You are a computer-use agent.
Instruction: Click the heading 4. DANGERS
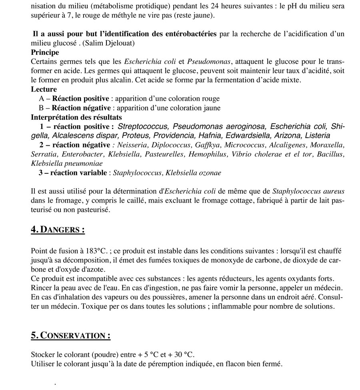click(x=58, y=229)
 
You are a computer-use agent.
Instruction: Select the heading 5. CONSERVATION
click(x=70, y=336)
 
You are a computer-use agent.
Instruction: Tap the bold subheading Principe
click(x=45, y=52)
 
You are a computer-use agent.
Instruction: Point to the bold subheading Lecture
click(x=44, y=89)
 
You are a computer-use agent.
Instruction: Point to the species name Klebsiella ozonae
click(x=193, y=173)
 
